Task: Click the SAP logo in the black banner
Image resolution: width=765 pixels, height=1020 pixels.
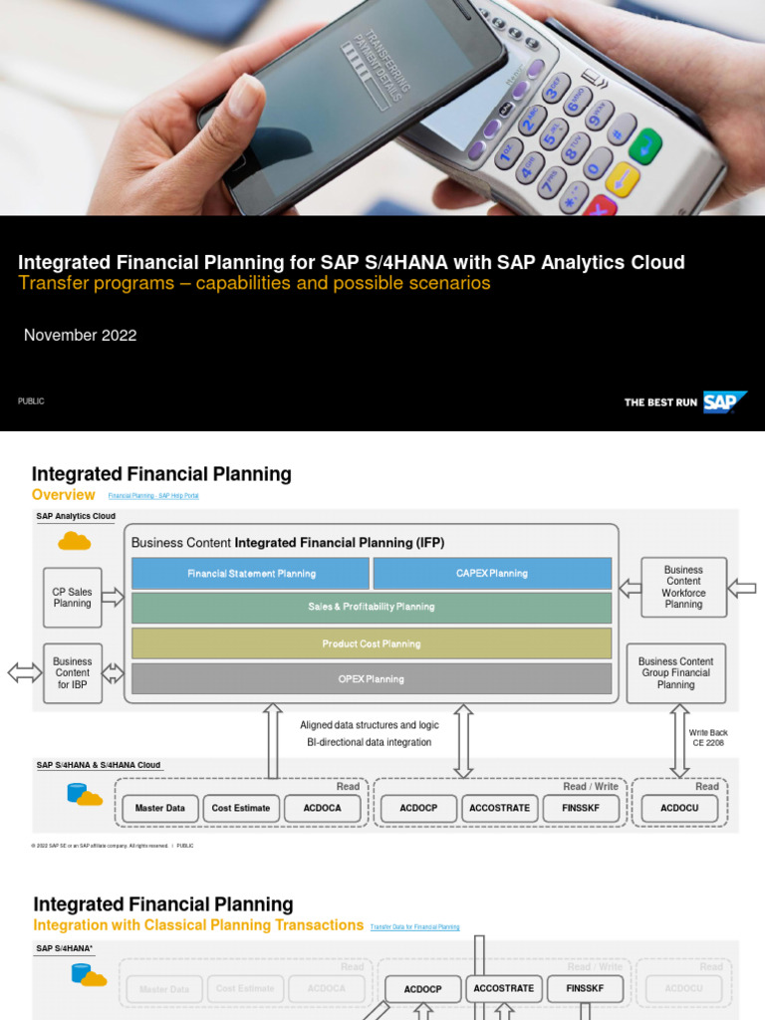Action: coord(724,402)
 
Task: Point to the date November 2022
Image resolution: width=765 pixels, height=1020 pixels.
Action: coord(81,336)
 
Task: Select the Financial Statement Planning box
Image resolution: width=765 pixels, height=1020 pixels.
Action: coord(251,574)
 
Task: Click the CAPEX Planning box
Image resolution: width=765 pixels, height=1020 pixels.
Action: coord(492,574)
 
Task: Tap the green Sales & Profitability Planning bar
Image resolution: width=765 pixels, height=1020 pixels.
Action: coord(372,607)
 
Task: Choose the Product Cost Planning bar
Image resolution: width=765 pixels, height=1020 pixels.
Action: coord(372,643)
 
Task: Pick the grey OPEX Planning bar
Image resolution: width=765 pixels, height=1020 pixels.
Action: coord(372,679)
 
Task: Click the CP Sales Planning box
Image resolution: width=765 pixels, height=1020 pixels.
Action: coord(73,598)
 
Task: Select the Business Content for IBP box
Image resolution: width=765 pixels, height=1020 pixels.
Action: coord(73,673)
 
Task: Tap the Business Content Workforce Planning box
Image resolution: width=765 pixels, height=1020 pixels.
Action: coord(683,588)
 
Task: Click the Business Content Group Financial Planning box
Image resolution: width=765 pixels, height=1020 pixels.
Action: coord(676,673)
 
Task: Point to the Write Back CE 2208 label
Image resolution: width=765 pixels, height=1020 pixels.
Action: coord(708,737)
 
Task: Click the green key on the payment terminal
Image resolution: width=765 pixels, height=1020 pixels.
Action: coord(645,146)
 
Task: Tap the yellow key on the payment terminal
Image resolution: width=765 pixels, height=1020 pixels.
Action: coord(623,179)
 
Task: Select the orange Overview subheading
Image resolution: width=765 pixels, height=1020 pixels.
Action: coord(64,495)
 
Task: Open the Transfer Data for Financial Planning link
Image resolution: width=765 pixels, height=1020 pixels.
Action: coord(414,926)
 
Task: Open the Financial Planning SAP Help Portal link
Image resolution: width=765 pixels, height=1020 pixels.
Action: coord(160,496)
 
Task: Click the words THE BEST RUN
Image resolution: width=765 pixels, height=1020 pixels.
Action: coord(660,402)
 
